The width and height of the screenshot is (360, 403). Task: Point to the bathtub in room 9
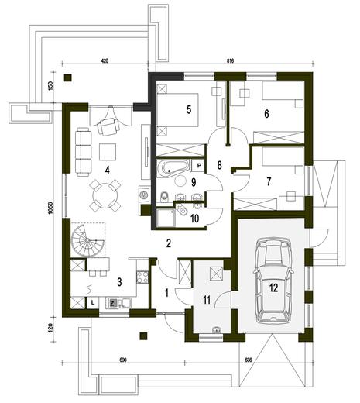(171, 168)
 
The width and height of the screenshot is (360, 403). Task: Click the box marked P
(199, 166)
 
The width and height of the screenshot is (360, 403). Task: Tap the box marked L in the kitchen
(93, 301)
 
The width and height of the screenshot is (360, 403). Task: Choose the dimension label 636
(249, 360)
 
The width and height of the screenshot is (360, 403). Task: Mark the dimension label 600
(122, 360)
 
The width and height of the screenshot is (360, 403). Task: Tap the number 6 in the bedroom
(266, 113)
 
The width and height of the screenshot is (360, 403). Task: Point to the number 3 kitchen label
(118, 283)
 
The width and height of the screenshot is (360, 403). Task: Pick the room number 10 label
(194, 219)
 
